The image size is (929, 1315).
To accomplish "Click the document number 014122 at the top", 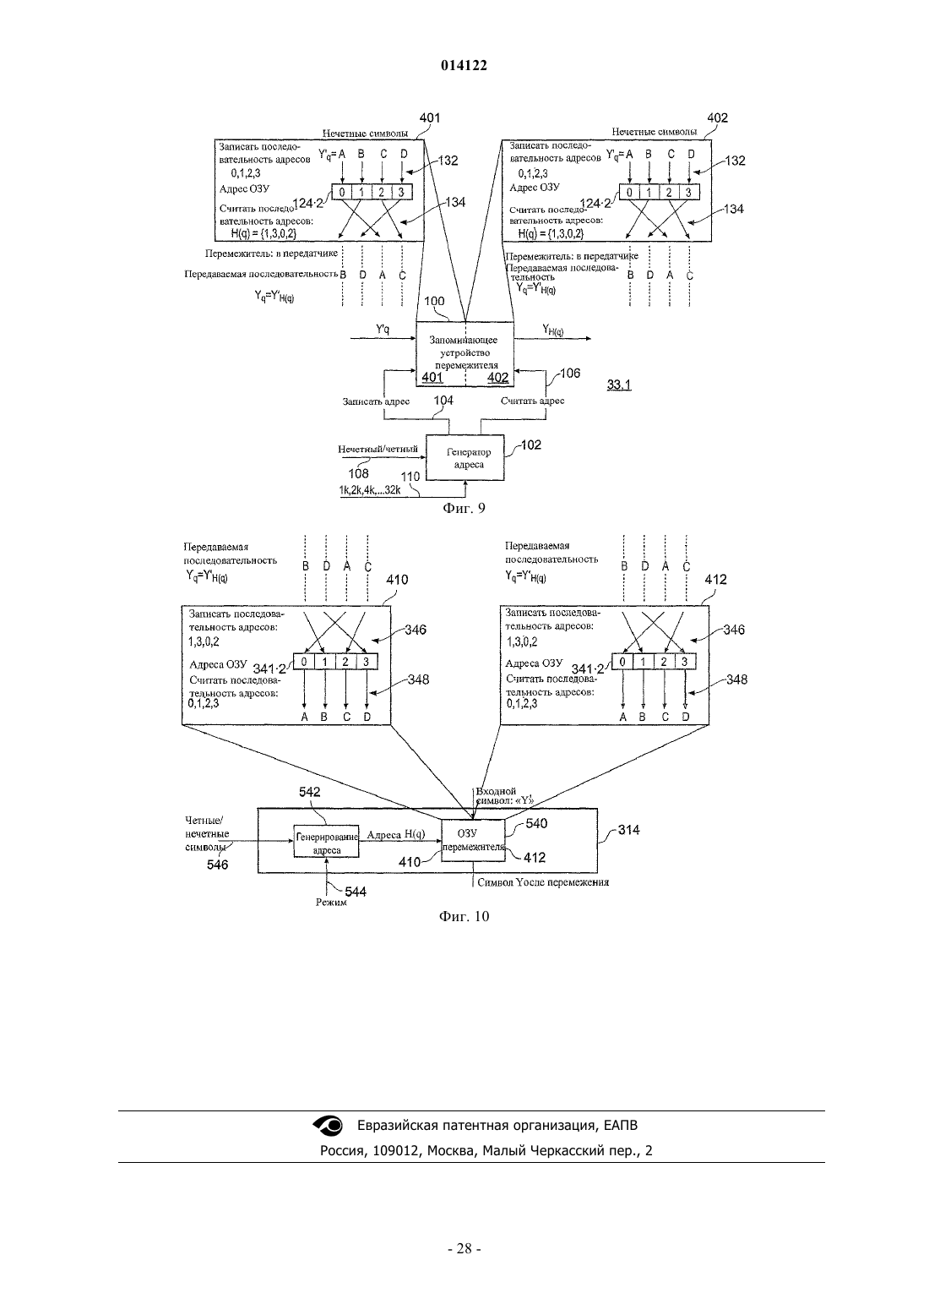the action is [464, 65].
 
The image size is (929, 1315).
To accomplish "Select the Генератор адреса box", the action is [465, 457].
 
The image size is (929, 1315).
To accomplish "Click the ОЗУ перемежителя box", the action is [473, 840].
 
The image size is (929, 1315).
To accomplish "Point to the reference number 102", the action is [530, 445].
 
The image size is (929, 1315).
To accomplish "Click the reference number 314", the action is [628, 830].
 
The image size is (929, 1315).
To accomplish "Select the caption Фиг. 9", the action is [464, 508].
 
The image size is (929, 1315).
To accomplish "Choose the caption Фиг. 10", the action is [464, 916].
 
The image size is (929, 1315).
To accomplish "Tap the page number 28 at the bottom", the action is [465, 1248].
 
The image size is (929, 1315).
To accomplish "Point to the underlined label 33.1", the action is [619, 385].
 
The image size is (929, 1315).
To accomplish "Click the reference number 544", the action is [356, 892].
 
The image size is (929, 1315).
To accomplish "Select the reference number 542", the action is [310, 792].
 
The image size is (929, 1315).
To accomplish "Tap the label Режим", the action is [331, 903].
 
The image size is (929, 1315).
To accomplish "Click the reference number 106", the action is [570, 374].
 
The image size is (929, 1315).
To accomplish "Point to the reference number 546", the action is [218, 865].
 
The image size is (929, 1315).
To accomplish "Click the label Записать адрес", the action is [376, 401].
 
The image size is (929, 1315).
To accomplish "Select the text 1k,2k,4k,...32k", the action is [370, 489].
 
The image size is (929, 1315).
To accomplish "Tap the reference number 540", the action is [536, 824].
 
